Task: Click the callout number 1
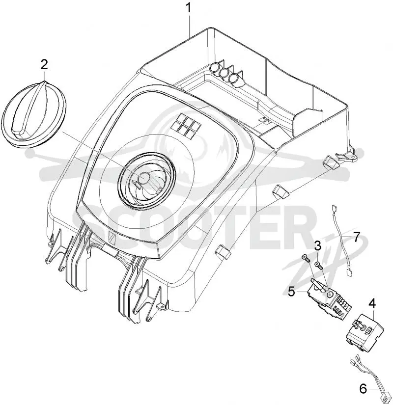(x=189, y=7)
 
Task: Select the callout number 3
(x=318, y=245)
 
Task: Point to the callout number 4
(x=372, y=304)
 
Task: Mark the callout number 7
(x=357, y=237)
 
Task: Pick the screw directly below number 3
(x=318, y=265)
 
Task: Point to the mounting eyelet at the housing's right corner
(x=352, y=156)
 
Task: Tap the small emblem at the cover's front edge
(x=112, y=237)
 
